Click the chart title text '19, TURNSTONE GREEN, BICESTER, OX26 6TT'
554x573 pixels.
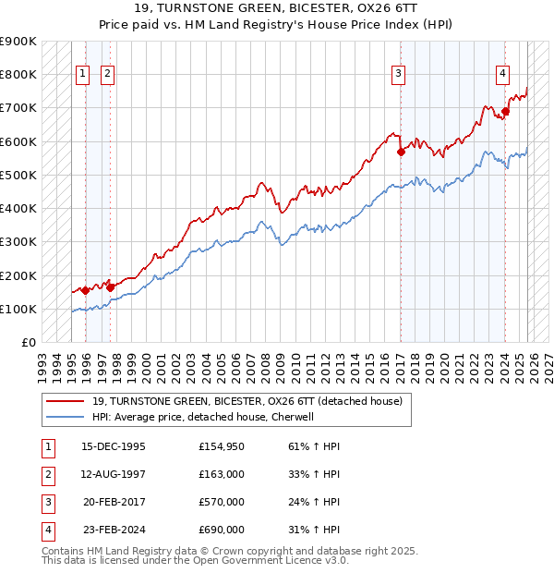pyautogui.click(x=276, y=9)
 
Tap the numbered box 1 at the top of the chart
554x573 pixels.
pyautogui.click(x=82, y=75)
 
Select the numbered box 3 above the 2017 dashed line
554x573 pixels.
pyautogui.click(x=398, y=75)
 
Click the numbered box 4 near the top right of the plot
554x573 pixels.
pyautogui.click(x=502, y=75)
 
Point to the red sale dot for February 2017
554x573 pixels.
pyautogui.click(x=401, y=152)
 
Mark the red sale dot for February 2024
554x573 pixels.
pyautogui.click(x=506, y=112)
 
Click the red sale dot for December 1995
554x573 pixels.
pyautogui.click(x=85, y=290)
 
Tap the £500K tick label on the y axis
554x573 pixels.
pyautogui.click(x=18, y=175)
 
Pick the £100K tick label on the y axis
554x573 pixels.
pyautogui.click(x=18, y=309)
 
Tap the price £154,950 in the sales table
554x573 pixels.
pyautogui.click(x=221, y=446)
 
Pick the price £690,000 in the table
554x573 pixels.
pyautogui.click(x=221, y=530)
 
